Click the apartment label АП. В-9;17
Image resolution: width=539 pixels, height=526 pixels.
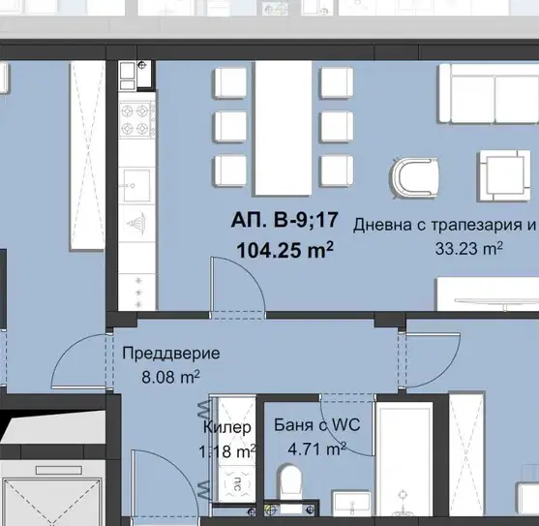(284, 220)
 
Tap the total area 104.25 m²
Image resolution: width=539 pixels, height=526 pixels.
(284, 249)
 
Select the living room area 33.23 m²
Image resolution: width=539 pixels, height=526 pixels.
(469, 248)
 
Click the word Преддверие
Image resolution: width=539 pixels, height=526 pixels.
(171, 354)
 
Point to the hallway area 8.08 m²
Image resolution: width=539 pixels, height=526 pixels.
(170, 377)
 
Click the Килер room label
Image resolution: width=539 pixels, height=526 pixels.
(226, 427)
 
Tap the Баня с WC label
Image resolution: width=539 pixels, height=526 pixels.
(317, 425)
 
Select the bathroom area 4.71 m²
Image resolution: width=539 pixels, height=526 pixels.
(317, 449)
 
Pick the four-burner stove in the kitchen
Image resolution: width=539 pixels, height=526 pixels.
(137, 120)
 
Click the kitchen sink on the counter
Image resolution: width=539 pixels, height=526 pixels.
(136, 185)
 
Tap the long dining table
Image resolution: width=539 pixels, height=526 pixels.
(284, 128)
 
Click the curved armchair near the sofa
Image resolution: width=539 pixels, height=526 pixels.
(415, 177)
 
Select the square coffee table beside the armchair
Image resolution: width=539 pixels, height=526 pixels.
(505, 175)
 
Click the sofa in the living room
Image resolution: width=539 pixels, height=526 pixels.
(488, 93)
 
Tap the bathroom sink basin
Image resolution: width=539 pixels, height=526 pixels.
(351, 504)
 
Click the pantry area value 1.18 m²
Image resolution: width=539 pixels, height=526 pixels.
(226, 451)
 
